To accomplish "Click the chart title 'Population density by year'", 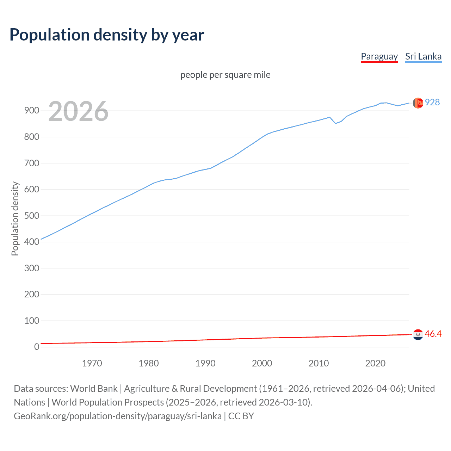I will tap(107, 35).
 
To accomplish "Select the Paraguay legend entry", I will tap(379, 56).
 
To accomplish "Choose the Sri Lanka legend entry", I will tap(423, 56).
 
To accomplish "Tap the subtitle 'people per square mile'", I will tap(225, 75).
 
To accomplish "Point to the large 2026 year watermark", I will tap(78, 111).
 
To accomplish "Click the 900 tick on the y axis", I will tap(31, 111).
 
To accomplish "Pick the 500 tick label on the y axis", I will tap(31, 216).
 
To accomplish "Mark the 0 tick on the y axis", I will tap(37, 347).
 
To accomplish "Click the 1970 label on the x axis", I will tap(92, 363).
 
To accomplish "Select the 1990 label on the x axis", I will tap(205, 363).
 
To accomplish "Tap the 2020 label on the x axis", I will tap(375, 363).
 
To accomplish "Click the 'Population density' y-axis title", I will tap(15, 218).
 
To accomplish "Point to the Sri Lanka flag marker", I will tap(418, 103).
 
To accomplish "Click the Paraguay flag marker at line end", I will tap(418, 334).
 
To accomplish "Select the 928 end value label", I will tap(432, 102).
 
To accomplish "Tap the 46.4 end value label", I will tap(433, 334).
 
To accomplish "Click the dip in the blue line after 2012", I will tap(335, 123).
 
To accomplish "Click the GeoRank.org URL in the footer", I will tap(118, 416).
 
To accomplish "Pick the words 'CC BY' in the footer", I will tap(241, 416).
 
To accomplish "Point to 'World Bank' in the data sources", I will tap(94, 389).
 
